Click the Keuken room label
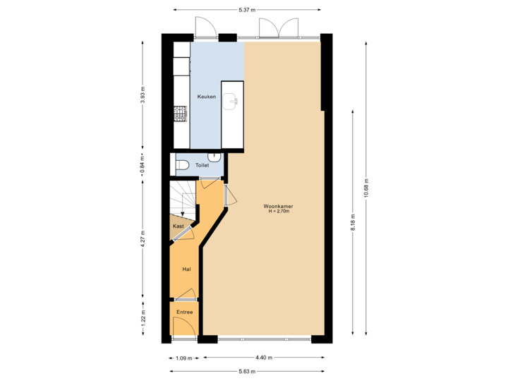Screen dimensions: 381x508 point(207,97)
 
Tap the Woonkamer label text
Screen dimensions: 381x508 point(278,207)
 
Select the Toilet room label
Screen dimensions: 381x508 point(202,165)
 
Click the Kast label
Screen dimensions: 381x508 point(179,226)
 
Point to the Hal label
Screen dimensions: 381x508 point(186,269)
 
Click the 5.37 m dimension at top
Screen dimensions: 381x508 point(247,10)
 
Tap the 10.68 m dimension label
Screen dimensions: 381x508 point(365,188)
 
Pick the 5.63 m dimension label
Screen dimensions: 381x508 point(247,371)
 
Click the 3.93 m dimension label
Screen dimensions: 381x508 point(143,96)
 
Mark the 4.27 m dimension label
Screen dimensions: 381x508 point(143,238)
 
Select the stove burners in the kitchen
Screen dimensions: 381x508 point(181,113)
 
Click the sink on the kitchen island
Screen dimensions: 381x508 point(232,102)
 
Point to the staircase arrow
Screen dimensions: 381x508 point(183,211)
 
